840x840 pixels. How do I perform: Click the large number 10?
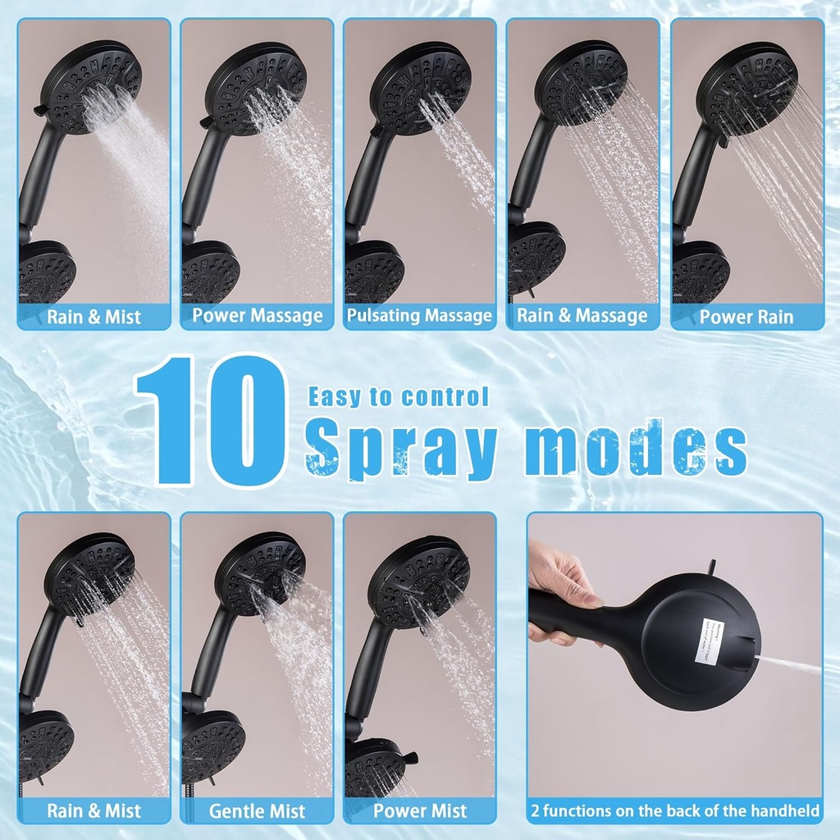(211, 421)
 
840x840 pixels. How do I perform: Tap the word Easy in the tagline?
(334, 397)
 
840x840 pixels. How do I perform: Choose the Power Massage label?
(258, 316)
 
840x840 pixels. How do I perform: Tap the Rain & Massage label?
(582, 316)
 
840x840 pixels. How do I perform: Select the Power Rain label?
(746, 317)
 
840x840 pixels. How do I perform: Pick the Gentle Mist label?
(257, 811)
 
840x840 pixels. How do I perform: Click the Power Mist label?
(420, 811)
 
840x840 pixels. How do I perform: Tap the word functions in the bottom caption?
(583, 811)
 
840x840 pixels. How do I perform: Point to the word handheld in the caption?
(781, 811)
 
